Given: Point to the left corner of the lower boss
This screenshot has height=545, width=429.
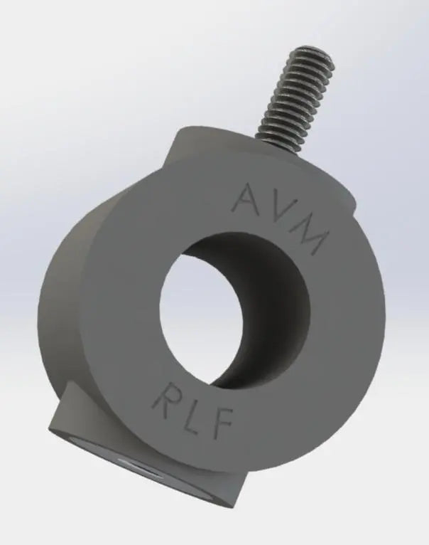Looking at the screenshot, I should (51, 428).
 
